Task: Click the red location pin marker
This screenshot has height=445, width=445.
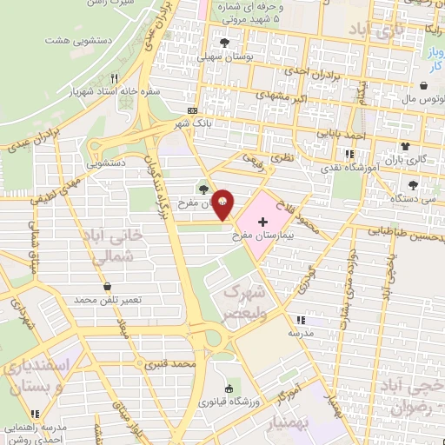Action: pos(223,203)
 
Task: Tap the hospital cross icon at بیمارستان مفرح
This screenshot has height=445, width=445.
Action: pos(263,223)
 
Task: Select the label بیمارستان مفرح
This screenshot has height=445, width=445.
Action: pos(264,236)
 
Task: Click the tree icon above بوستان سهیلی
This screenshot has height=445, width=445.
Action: pos(226,41)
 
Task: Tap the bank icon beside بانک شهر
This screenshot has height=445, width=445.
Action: pos(192,110)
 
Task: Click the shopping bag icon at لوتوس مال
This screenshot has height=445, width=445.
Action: pos(423,86)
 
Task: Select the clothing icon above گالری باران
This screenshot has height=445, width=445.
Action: pos(404,145)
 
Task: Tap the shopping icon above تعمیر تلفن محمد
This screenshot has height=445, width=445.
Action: pos(107,286)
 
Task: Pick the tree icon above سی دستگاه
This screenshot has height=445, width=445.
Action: pos(412,184)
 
